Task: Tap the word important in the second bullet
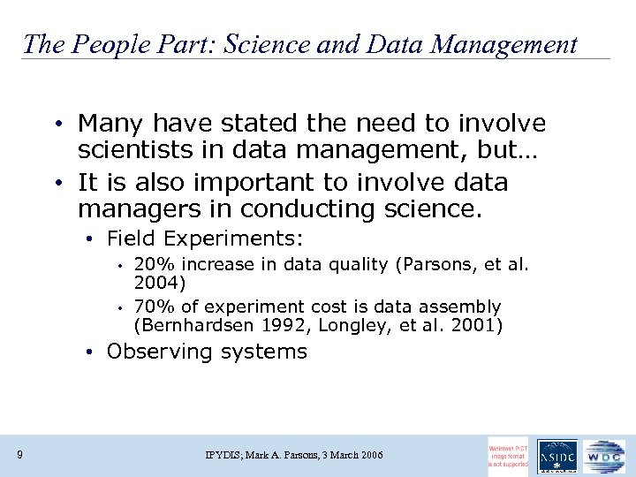(223, 183)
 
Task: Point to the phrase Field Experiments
(205, 238)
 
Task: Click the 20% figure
(150, 264)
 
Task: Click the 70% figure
(150, 307)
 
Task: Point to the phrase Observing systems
(207, 352)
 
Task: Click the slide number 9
(19, 455)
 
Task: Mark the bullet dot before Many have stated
(56, 124)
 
